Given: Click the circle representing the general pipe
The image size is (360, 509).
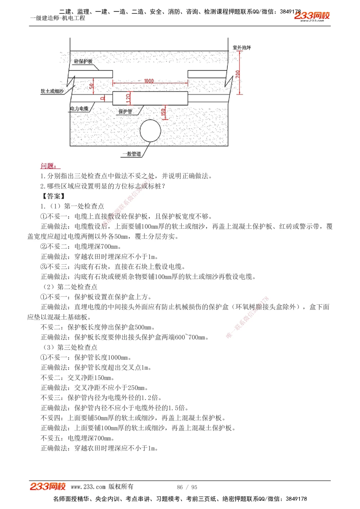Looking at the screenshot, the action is [150, 131].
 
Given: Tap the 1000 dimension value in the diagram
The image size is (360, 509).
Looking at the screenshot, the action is [149, 81].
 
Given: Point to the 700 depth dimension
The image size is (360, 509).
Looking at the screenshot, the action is [238, 74].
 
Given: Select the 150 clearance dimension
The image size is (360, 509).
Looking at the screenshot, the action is [163, 113].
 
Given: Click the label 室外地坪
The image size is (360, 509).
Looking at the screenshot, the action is [242, 47].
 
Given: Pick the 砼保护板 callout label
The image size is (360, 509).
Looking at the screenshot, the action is [83, 62].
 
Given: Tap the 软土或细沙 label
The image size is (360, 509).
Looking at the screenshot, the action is [52, 91].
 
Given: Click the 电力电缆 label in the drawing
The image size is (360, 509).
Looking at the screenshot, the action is [79, 109].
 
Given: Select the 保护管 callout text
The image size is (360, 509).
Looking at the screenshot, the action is [125, 112].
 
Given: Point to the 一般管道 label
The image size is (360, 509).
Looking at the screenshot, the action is [131, 154].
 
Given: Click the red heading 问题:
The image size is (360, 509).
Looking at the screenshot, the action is [49, 166].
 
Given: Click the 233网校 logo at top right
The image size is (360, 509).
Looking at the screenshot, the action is [312, 16].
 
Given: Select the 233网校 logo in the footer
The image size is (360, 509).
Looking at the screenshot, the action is [48, 487].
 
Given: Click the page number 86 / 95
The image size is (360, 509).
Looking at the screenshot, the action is [187, 487].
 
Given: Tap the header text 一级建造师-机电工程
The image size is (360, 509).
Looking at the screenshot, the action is [58, 18].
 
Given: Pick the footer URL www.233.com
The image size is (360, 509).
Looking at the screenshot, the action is [88, 487].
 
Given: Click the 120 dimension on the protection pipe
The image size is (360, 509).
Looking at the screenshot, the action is [129, 97].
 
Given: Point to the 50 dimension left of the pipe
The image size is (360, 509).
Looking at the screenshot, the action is [91, 86].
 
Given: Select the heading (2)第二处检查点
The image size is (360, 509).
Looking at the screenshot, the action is [70, 287].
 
